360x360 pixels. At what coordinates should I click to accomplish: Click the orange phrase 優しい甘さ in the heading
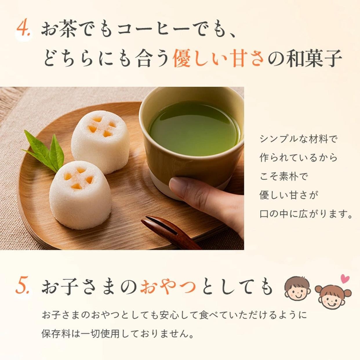(218, 58)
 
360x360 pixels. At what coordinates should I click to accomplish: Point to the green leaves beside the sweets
(44, 151)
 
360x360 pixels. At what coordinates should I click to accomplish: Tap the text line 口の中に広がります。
(306, 214)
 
